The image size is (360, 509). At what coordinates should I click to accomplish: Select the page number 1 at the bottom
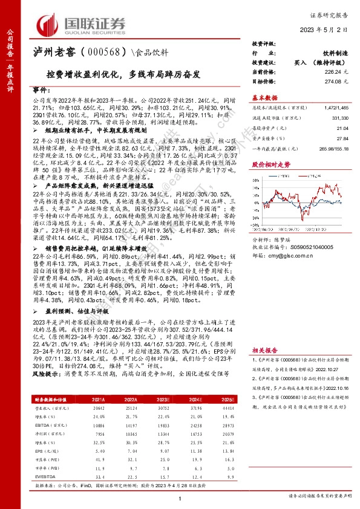180,498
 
